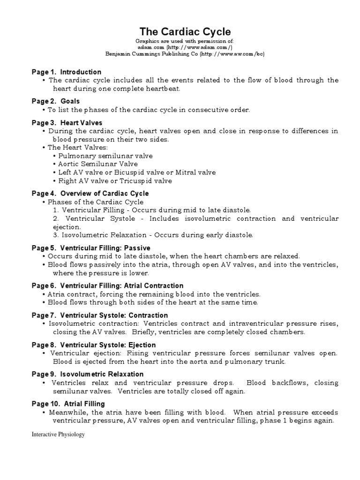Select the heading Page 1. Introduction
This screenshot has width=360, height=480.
[x=67, y=72]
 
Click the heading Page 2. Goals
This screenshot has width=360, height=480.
[x=56, y=101]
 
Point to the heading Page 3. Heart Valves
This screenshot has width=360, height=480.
[x=67, y=123]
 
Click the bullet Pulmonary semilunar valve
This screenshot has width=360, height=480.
[x=105, y=156]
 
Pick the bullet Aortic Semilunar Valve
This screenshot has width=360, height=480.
[x=98, y=164]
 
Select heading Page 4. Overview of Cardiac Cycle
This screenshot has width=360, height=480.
[x=90, y=193]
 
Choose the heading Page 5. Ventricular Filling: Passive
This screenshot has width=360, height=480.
[x=91, y=247]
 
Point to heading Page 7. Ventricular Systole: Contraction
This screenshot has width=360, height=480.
[x=100, y=315]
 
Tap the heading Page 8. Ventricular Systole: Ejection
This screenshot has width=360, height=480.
[x=94, y=345]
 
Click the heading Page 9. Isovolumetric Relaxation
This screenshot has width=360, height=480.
[x=88, y=374]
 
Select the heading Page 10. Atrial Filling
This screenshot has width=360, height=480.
[x=68, y=404]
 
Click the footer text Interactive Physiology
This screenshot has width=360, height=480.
[x=58, y=435]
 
